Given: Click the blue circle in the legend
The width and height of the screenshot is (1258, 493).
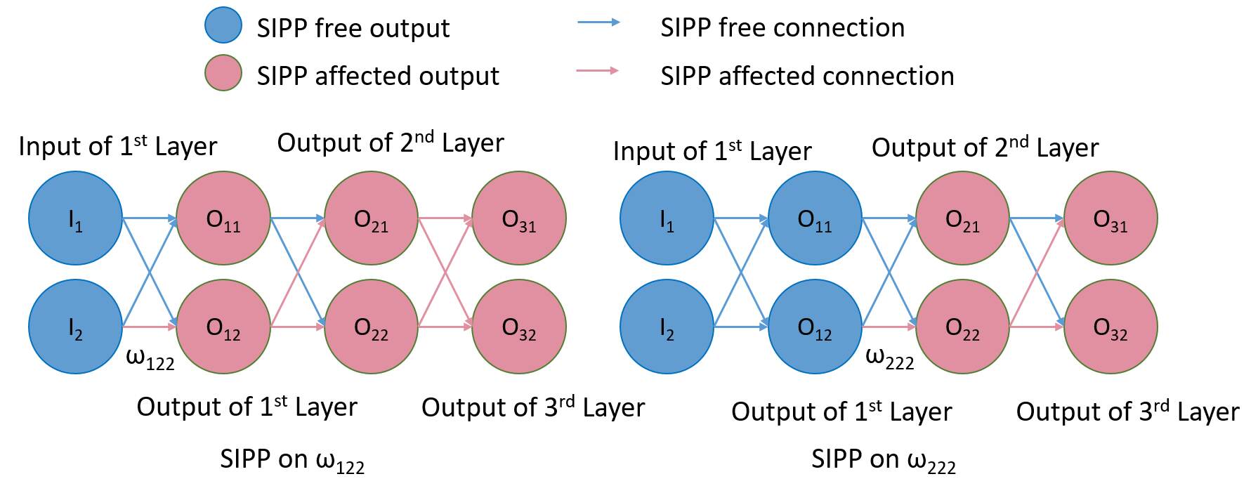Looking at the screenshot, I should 223,26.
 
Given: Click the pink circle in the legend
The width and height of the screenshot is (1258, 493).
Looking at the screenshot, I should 223,73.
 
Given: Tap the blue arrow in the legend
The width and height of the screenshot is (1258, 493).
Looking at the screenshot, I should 598,22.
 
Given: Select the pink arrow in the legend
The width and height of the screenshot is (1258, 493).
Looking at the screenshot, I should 598,70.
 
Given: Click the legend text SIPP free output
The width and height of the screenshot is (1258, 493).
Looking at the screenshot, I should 353,28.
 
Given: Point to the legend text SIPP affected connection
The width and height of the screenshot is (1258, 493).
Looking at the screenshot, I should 807,76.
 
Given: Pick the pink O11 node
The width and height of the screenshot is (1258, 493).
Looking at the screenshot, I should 223,218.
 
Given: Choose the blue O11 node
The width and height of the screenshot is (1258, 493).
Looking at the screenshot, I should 815,218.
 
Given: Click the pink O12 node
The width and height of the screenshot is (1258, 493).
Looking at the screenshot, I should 223,327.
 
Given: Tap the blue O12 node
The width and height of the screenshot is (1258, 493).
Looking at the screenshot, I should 815,327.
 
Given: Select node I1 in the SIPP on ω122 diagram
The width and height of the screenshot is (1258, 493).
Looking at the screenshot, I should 75,218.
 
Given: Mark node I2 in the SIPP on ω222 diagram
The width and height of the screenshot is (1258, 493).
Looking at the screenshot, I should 667,327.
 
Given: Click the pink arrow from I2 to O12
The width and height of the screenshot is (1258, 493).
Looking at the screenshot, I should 149,327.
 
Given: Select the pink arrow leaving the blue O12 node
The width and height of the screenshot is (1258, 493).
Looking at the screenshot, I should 889,327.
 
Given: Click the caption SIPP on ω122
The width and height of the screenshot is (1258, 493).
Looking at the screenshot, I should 292,460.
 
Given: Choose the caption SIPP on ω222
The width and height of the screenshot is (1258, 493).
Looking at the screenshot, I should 883,460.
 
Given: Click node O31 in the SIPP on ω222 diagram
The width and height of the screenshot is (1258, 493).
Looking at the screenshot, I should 1110,218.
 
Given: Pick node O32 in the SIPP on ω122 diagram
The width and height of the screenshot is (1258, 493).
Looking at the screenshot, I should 519,327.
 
